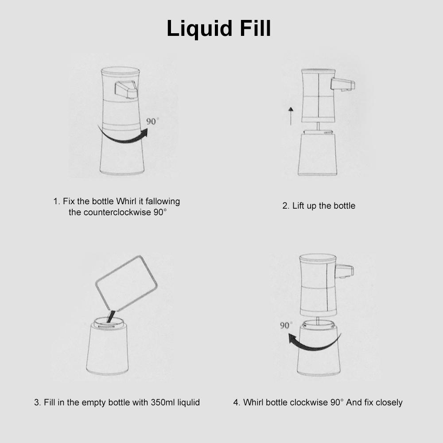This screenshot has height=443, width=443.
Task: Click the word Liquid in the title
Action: [199, 28]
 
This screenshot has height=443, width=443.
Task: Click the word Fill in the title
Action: [255, 28]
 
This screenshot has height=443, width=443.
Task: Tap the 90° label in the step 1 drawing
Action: [152, 121]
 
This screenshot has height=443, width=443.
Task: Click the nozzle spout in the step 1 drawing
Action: [126, 89]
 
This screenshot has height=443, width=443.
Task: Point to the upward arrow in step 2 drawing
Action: [291, 116]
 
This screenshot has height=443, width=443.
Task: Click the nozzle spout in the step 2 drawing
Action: [343, 85]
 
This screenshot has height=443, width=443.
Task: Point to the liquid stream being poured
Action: [110, 316]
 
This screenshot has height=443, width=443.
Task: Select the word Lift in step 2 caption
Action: [298, 206]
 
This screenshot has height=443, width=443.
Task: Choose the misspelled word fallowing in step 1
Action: [163, 202]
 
